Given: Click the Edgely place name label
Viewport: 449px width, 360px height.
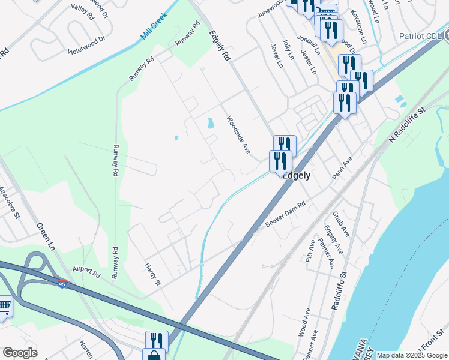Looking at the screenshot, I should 297,176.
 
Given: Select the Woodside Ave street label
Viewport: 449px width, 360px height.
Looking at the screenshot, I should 238,135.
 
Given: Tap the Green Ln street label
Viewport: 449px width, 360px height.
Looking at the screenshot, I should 46,236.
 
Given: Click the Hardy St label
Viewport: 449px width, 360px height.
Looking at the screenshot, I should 154,274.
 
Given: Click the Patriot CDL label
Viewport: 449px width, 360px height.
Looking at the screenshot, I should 420,36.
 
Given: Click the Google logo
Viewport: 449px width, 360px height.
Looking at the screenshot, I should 20,352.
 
